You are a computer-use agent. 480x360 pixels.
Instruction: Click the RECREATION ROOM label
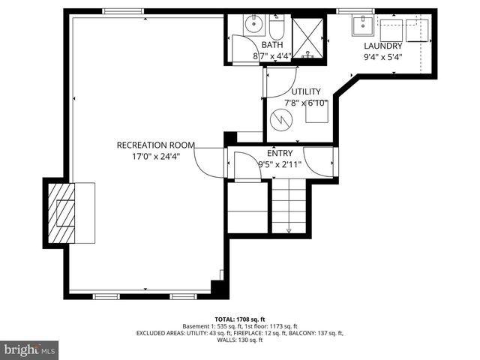[x=155, y=145]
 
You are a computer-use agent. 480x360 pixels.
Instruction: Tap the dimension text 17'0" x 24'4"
[x=155, y=156]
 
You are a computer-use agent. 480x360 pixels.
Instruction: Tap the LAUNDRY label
[x=383, y=45]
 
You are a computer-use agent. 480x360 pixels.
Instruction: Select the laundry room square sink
[x=363, y=26]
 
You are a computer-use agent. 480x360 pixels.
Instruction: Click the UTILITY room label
[x=306, y=91]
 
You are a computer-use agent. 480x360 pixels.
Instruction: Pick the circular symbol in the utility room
[x=281, y=118]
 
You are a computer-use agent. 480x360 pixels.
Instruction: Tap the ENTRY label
[x=280, y=153]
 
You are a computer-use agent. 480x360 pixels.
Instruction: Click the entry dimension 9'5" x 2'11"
[x=280, y=164]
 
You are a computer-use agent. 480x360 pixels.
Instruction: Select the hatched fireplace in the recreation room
[x=60, y=212]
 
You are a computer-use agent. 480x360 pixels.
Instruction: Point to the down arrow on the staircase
[x=289, y=229]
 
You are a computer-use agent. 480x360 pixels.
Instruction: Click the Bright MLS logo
[x=30, y=349]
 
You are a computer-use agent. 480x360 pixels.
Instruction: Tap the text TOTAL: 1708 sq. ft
[x=239, y=318]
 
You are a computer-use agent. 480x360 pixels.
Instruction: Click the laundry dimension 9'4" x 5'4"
[x=383, y=55]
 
